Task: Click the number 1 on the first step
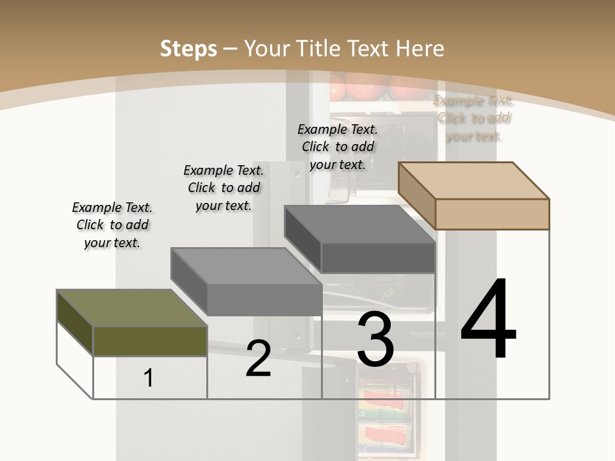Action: coord(149,378)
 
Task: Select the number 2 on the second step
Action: coord(258,359)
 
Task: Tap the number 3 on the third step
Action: coord(375,339)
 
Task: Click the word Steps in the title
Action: coord(188,49)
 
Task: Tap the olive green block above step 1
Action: coord(150,340)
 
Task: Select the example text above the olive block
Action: coord(112,225)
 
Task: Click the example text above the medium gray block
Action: coord(224,188)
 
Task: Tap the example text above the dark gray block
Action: coord(338,147)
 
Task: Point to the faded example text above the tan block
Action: coord(473,118)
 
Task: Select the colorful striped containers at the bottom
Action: coord(384,410)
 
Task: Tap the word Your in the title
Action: coord(266,49)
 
